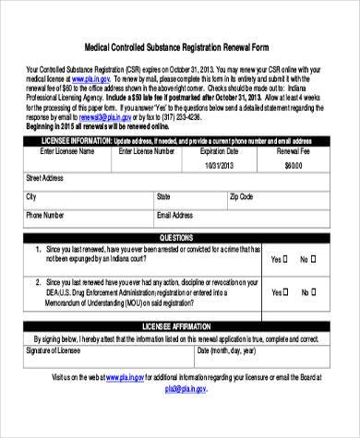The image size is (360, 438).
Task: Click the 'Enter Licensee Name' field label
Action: tap(60, 149)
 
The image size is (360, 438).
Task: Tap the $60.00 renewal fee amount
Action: tap(294, 164)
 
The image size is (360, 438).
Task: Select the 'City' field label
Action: tap(31, 197)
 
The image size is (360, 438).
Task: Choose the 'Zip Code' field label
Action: tap(241, 197)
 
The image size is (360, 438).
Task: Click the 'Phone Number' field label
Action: tap(45, 215)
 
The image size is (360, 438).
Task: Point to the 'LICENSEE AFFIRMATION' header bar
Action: tap(181, 327)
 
